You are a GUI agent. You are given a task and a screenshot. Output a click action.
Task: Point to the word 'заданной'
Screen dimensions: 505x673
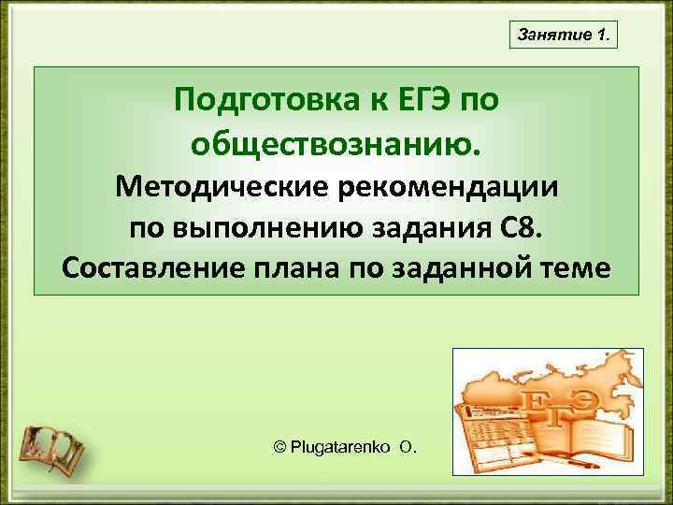(465, 269)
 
